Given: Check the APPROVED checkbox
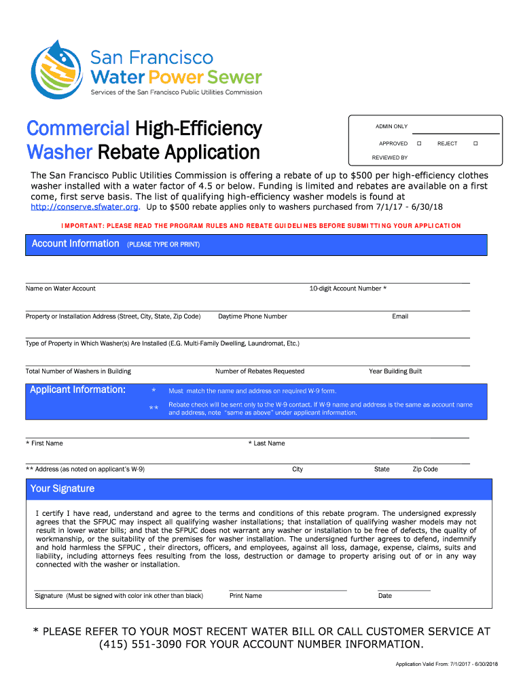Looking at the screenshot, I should tap(420, 144).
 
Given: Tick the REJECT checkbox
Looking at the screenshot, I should tap(475, 144).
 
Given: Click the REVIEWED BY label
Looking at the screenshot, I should tap(390, 157).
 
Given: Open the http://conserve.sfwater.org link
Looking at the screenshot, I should tap(85, 206).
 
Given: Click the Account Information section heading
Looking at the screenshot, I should tap(75, 243).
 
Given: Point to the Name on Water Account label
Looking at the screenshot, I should tap(60, 288).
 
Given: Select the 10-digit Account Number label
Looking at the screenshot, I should tap(348, 288).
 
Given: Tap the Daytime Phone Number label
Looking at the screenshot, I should tap(253, 316).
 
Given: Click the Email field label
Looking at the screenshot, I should tap(400, 316).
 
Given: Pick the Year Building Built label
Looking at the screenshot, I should tap(395, 371).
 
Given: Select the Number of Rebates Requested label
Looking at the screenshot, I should tap(259, 371).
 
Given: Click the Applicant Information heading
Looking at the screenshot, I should tap(77, 390).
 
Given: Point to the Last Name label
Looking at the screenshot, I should tap(267, 443).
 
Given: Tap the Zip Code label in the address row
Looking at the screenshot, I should tap(425, 469).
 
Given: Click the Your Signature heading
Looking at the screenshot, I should tap(62, 489).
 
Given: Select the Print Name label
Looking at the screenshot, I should tap(245, 596).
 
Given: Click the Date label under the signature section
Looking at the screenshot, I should tap(385, 596).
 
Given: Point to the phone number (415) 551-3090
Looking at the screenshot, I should tap(141, 644).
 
